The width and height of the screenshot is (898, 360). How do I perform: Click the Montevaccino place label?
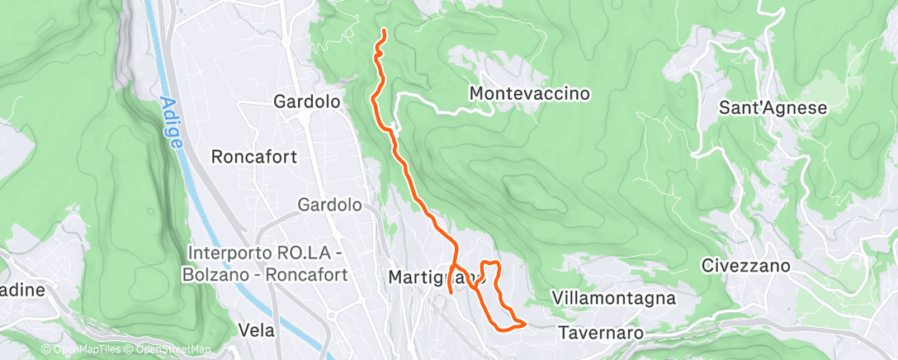pyautogui.click(x=529, y=93)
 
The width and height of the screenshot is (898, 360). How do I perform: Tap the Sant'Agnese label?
pyautogui.click(x=773, y=107)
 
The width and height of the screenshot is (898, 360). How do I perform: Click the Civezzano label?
pyautogui.click(x=745, y=266)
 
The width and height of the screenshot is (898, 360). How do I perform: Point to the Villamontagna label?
pyautogui.click(x=614, y=297)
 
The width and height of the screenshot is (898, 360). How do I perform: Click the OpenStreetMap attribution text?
pyautogui.click(x=169, y=350)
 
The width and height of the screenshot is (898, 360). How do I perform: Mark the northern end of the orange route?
pyautogui.click(x=385, y=31)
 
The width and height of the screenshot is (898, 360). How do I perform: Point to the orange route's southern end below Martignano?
pyautogui.click(x=450, y=292)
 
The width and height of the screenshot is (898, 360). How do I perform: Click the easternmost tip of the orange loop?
pyautogui.click(x=525, y=322)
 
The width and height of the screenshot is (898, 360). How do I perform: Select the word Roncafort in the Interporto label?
pyautogui.click(x=306, y=273)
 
